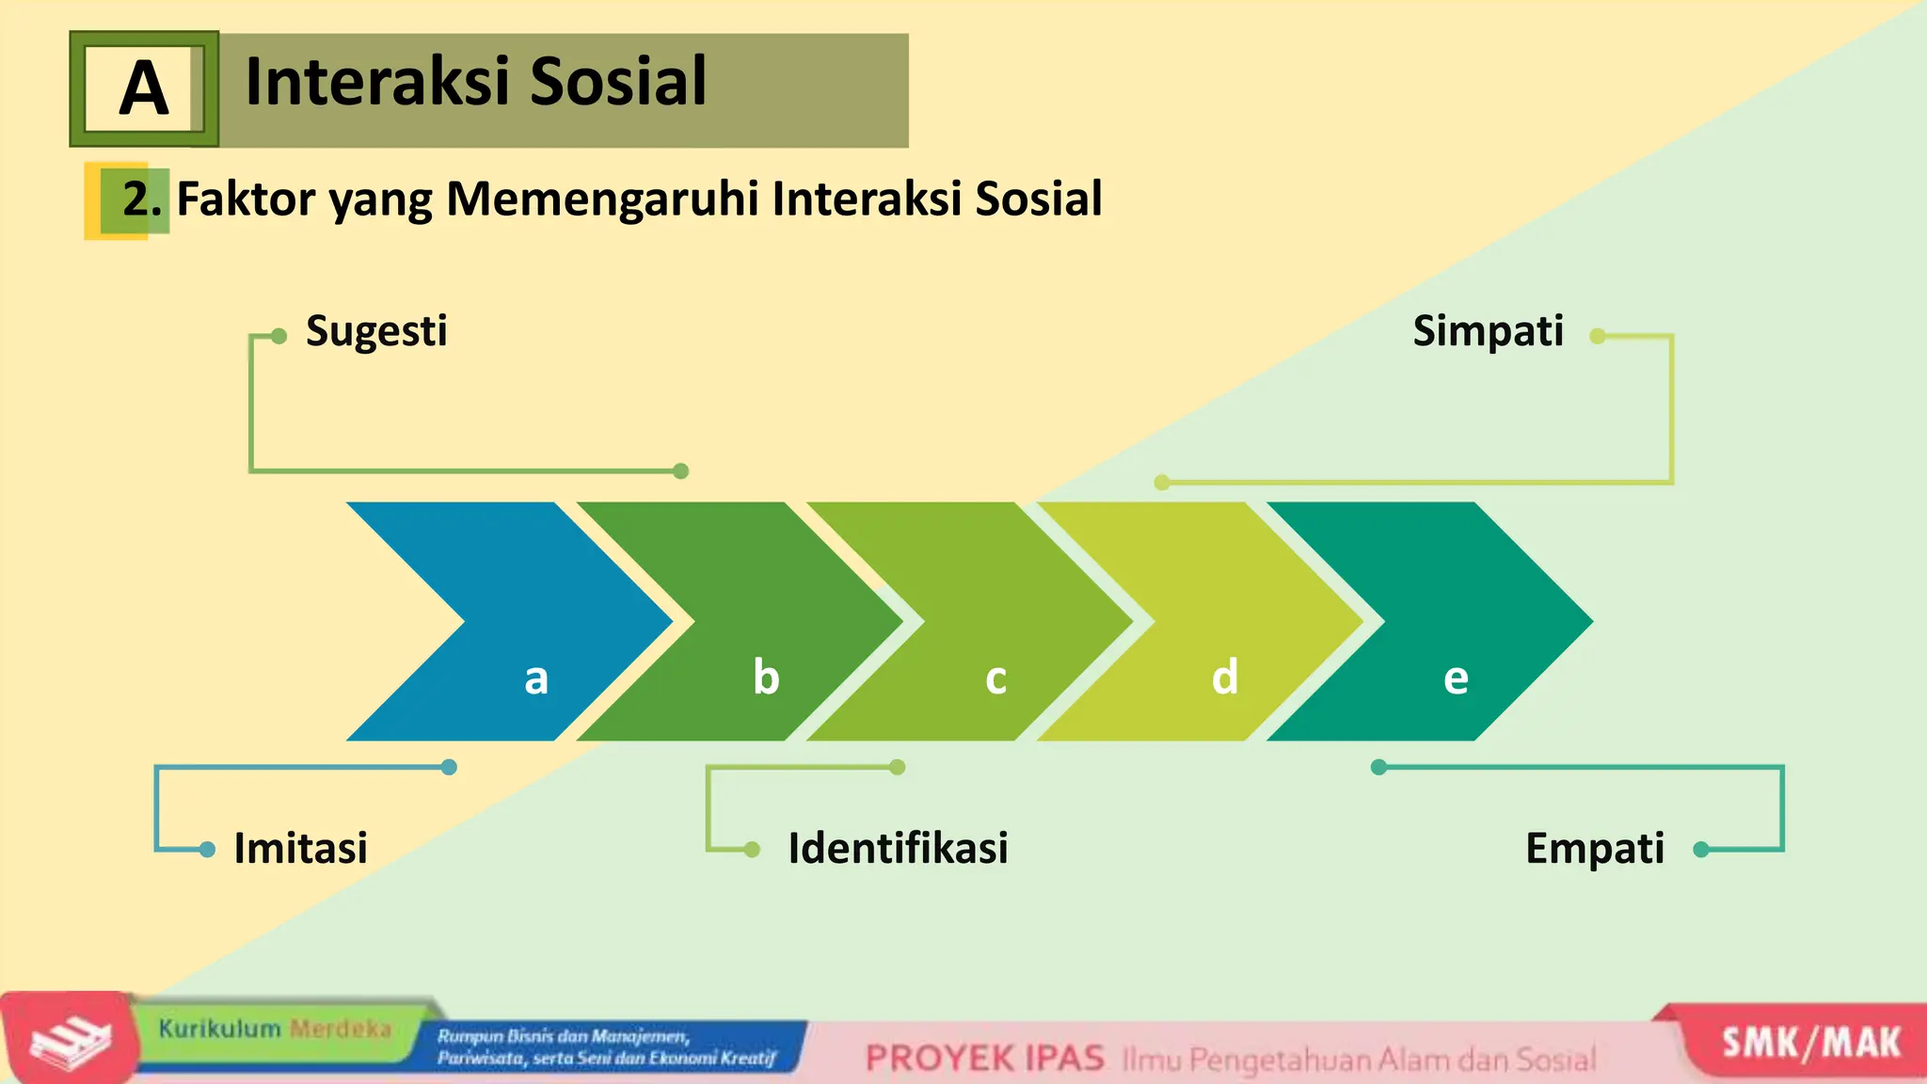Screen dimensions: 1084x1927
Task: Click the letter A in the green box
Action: pos(144,88)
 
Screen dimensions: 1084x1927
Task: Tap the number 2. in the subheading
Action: pos(142,199)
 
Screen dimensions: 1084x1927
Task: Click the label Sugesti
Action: pos(376,331)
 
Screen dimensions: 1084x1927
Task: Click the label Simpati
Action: pos(1488,331)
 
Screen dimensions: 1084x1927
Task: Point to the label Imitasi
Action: pos(300,848)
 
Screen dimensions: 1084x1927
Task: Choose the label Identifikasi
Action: pos(898,848)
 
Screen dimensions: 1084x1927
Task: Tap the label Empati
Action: pos(1594,848)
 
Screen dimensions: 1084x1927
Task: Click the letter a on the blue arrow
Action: pos(536,677)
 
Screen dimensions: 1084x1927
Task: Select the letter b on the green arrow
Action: pos(766,677)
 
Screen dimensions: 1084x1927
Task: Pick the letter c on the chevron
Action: pos(995,678)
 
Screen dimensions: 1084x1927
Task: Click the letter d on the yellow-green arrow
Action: pos(1224,677)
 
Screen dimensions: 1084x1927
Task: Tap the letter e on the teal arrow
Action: pos(1456,678)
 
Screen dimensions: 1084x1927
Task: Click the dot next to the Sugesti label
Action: pos(279,336)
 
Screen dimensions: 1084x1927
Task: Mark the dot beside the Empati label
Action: pos(1700,850)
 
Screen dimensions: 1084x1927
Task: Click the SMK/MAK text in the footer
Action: pos(1811,1044)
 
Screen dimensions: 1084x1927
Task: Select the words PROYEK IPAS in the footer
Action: pos(984,1059)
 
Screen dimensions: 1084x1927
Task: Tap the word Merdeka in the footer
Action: pos(340,1028)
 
